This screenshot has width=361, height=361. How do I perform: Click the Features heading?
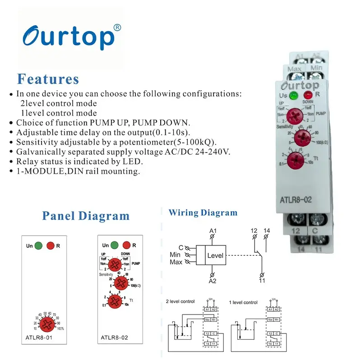(x=48, y=79)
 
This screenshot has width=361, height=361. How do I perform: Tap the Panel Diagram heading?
(x=86, y=216)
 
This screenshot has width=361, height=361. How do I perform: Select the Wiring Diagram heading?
(x=203, y=213)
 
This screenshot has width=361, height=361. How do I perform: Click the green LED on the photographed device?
(x=294, y=96)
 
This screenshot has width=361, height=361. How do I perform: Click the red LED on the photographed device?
(x=309, y=96)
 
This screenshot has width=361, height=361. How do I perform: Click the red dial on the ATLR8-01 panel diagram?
(x=47, y=324)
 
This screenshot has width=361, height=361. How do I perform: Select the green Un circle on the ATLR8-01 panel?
(x=39, y=245)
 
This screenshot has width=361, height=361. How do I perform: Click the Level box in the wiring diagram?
(x=215, y=255)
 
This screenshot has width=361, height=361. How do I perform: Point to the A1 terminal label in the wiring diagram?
(x=213, y=231)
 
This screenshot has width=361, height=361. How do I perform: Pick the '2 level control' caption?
(x=180, y=302)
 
